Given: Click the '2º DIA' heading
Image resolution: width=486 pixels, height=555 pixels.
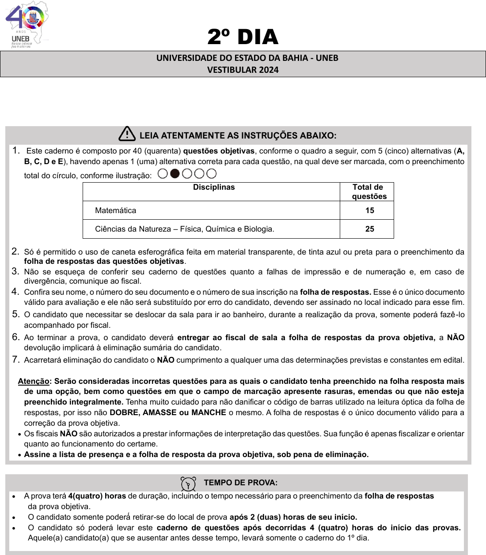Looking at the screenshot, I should click(x=243, y=37).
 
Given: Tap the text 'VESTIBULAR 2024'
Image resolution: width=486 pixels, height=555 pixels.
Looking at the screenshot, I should click(x=243, y=70).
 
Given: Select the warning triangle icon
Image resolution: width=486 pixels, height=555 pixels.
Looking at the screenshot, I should click(x=127, y=134).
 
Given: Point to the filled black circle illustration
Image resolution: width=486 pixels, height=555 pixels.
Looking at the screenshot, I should click(x=175, y=174).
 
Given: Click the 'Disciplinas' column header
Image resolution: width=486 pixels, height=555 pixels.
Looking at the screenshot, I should click(x=214, y=187).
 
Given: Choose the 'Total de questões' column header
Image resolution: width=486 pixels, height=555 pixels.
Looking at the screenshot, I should click(x=368, y=192).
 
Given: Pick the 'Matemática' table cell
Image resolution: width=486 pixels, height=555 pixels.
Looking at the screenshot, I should click(x=116, y=211).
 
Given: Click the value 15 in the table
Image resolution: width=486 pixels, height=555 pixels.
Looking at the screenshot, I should click(x=370, y=211).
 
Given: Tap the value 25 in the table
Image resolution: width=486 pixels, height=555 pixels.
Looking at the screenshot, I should click(x=370, y=229).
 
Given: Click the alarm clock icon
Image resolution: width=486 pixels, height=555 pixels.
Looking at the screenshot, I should click(x=188, y=484).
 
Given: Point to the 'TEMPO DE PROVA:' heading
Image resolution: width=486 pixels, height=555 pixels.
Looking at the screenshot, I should click(x=241, y=483).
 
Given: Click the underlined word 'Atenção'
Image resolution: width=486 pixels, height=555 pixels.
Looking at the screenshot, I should click(x=34, y=381).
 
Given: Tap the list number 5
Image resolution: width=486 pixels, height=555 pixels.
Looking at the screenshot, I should click(x=15, y=314).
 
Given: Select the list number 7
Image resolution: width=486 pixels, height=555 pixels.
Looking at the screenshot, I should click(x=15, y=360).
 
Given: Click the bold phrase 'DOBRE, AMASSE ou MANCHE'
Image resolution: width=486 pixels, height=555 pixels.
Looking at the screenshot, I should click(x=168, y=412).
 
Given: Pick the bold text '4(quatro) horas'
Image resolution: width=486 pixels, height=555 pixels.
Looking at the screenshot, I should click(x=97, y=496).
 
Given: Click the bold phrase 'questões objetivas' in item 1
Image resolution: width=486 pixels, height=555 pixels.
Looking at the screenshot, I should click(x=219, y=151).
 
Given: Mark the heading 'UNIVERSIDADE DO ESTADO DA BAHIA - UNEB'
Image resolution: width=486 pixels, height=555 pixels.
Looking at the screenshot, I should click(x=247, y=58).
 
